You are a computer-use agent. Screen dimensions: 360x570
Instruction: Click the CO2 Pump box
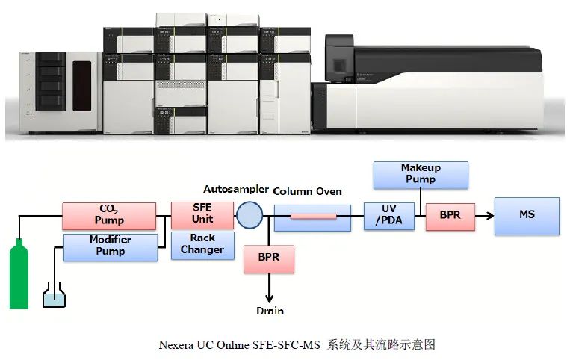109,214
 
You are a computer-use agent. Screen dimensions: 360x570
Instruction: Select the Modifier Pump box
110,246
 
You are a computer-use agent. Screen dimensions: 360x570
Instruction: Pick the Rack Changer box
202,243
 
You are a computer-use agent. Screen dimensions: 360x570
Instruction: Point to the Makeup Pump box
421,174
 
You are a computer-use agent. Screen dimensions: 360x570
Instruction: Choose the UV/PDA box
388,215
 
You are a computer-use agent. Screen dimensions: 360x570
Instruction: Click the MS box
527,214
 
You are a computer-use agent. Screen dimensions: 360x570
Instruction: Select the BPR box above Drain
269,258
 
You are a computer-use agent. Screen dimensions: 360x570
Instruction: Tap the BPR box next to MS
450,215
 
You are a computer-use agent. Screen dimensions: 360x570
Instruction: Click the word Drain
270,311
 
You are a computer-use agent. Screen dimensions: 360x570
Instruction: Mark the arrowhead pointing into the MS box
489,215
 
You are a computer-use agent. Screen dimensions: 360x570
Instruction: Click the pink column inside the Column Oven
312,217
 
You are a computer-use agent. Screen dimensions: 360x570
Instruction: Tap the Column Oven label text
307,192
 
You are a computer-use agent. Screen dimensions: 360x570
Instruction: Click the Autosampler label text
235,189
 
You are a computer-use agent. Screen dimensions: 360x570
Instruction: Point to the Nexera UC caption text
297,344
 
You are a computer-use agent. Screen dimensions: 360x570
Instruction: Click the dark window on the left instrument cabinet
81,85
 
